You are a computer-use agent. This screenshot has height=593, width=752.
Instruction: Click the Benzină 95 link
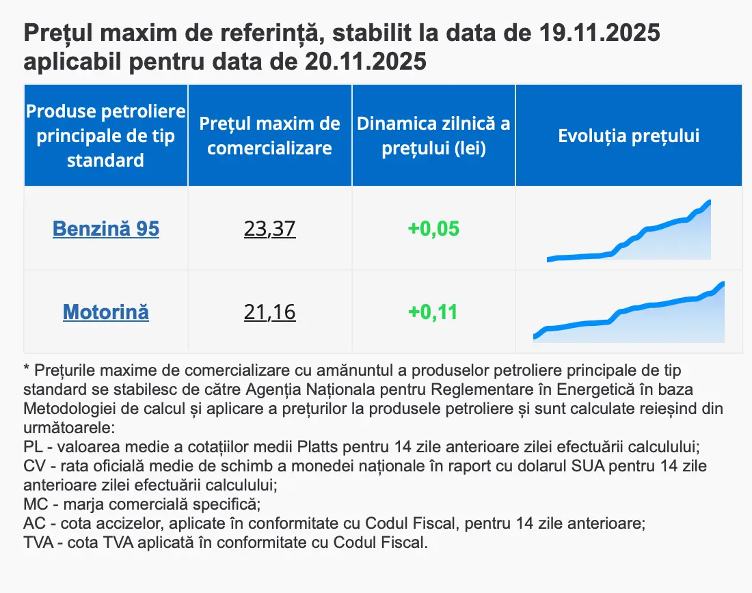106,228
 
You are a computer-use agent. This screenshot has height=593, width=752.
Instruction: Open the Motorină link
106,312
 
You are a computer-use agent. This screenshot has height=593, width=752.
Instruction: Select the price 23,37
269,228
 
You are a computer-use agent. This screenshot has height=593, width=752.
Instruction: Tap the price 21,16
269,312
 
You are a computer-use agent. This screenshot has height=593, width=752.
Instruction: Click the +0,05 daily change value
433,228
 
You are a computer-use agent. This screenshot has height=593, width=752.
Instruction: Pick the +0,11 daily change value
433,312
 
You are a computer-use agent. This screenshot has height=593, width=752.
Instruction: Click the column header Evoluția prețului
628,135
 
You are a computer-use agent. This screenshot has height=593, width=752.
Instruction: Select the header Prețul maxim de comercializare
269,135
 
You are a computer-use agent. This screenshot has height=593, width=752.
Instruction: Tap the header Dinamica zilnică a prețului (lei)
433,135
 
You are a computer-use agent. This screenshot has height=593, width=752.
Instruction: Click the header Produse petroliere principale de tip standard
106,135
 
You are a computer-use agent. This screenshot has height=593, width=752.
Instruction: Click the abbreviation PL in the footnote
32,447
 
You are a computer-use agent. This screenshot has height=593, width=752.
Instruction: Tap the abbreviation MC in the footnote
33,505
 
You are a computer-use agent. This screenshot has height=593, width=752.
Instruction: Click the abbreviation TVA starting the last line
37,543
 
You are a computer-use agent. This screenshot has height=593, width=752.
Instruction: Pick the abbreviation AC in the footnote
33,524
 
